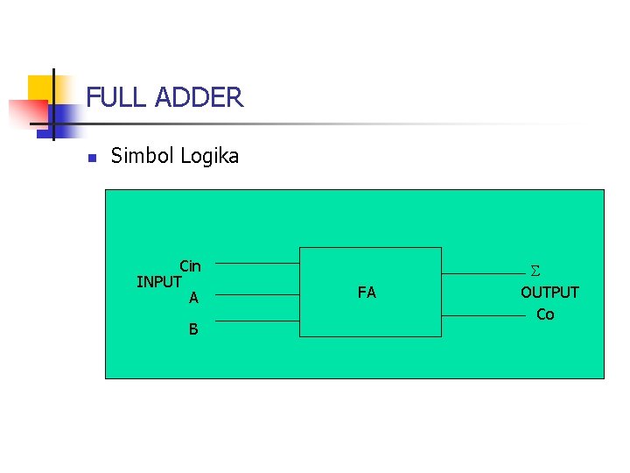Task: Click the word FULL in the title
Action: point(117,97)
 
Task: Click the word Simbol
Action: point(143,157)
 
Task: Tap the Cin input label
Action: point(190,266)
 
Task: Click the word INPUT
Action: point(159,282)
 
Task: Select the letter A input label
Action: point(193,299)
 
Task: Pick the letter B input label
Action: point(193,330)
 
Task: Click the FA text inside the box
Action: point(367,293)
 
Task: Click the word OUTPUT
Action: point(549,293)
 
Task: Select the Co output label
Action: point(545,314)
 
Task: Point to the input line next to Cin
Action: point(257,263)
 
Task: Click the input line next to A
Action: point(257,294)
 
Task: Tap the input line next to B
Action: point(257,321)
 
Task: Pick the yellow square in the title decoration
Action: point(40,88)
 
